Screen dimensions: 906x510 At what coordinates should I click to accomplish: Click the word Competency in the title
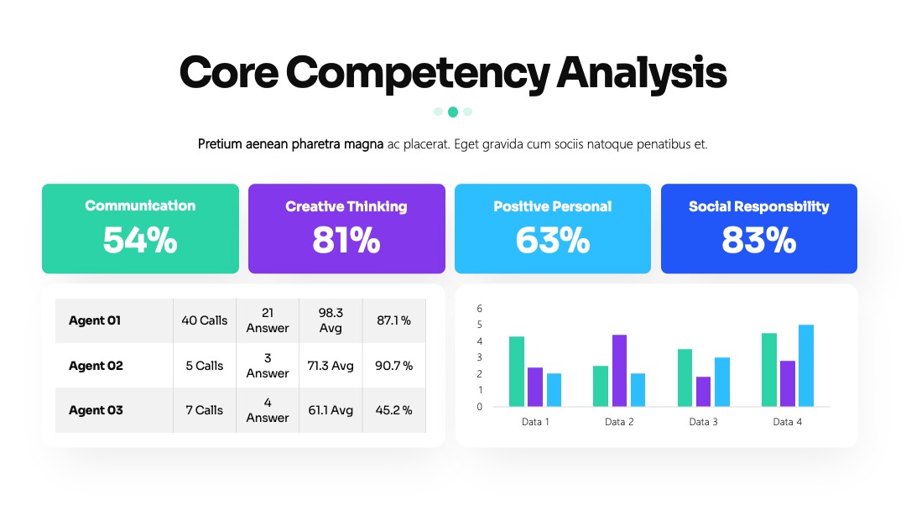pos(418,73)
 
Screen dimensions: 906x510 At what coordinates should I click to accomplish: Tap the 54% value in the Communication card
pos(140,240)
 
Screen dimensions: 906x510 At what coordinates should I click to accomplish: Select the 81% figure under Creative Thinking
pos(346,240)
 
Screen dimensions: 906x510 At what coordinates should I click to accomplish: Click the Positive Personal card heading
pos(552,206)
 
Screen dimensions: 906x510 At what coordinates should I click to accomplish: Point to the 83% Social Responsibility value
pos(758,240)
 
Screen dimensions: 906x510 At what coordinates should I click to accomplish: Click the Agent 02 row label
pos(96,366)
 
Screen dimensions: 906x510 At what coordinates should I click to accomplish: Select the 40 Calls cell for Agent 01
pos(205,320)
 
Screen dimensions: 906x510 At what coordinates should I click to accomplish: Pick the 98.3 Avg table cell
pos(331,320)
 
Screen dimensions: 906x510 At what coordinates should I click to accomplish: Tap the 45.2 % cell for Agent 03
pos(393,410)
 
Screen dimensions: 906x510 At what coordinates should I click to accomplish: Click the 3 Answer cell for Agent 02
pos(268,366)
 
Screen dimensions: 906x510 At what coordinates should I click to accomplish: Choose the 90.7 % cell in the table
pos(393,366)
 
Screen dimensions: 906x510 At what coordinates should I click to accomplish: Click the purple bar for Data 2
pos(619,370)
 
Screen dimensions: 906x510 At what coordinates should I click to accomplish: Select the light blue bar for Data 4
pos(806,366)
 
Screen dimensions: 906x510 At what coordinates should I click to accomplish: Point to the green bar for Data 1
pos(517,372)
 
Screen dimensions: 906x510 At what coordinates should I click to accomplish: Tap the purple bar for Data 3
pos(703,392)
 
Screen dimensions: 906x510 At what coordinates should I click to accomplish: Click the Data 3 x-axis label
pos(703,422)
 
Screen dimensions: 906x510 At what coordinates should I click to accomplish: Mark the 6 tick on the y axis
pos(480,309)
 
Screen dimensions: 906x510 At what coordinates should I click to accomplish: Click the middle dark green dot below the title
pos(453,112)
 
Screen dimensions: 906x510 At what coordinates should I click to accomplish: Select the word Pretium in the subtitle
pos(220,143)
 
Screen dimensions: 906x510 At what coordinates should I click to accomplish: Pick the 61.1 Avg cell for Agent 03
pos(331,410)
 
